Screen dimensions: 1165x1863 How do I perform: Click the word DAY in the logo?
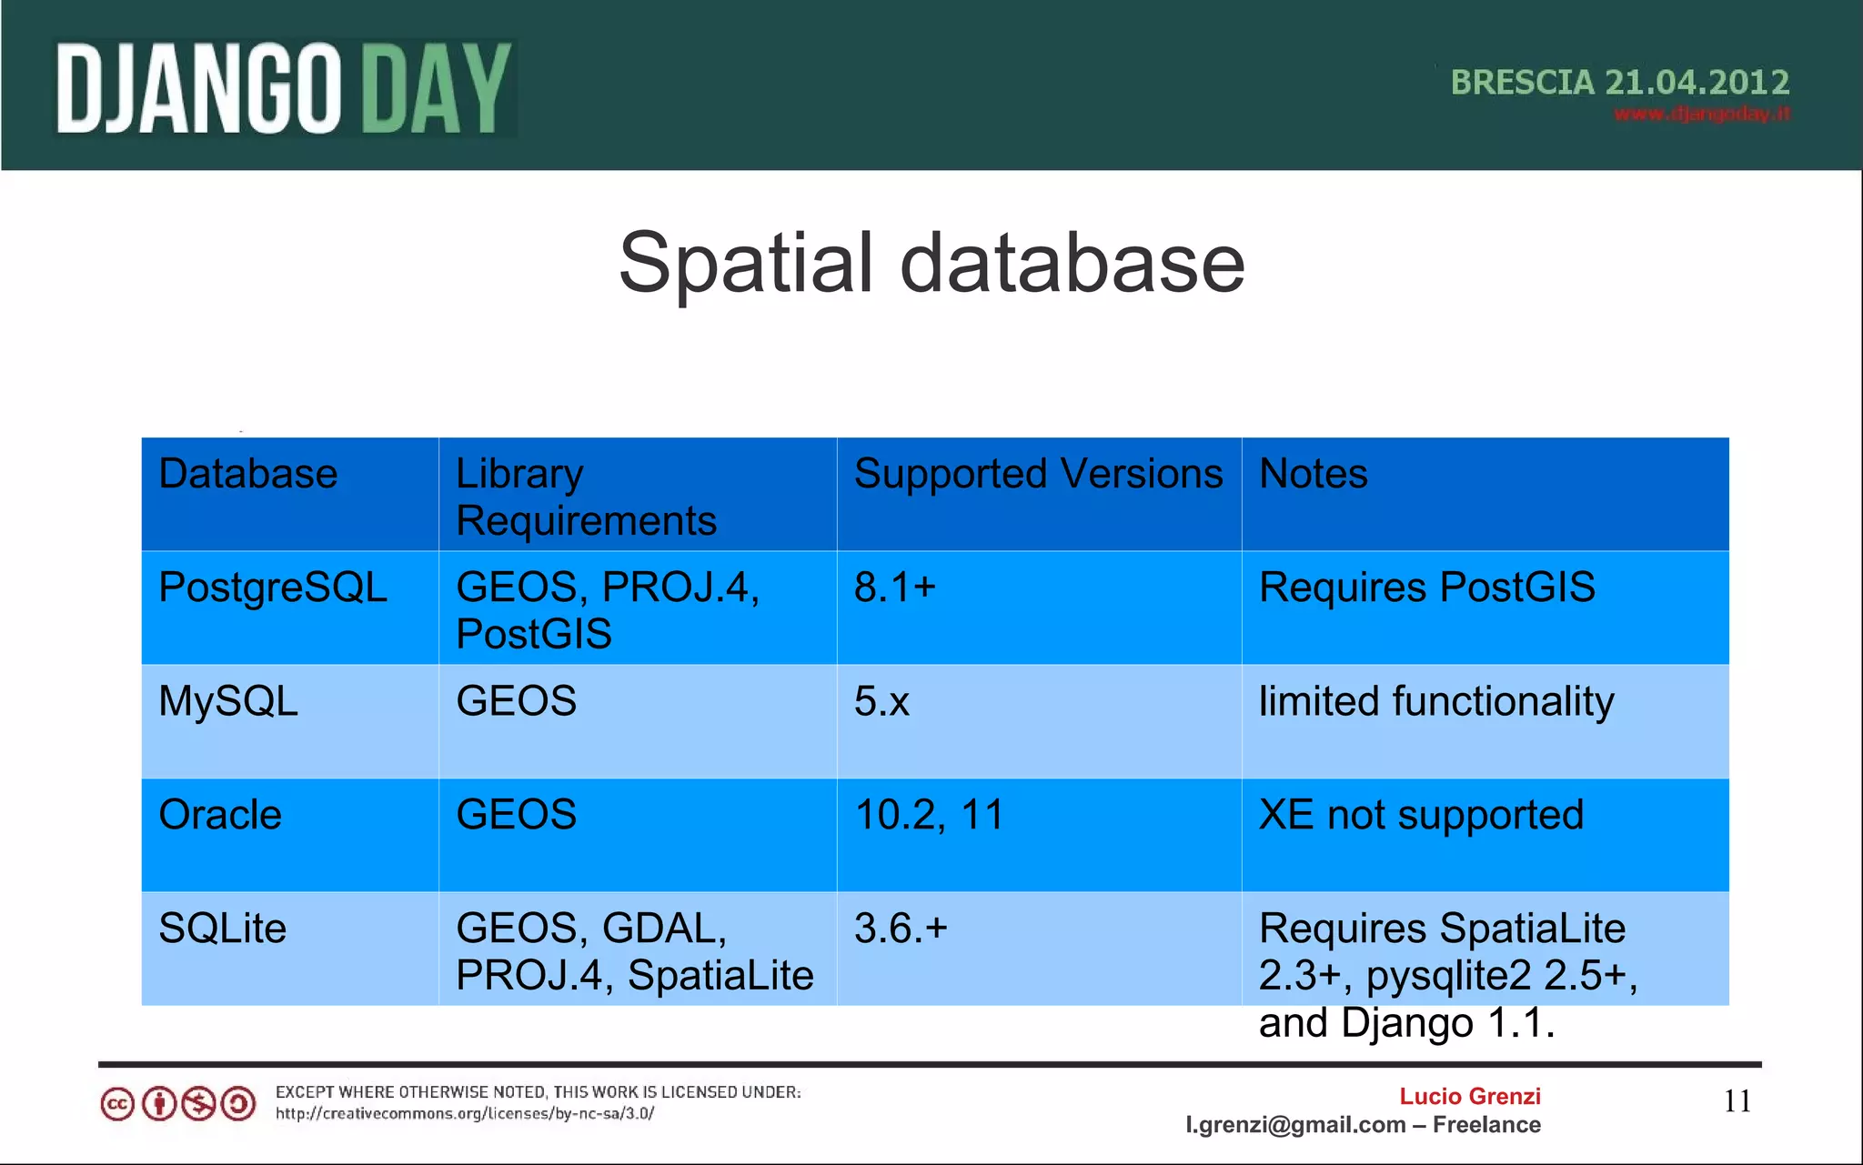pyautogui.click(x=436, y=90)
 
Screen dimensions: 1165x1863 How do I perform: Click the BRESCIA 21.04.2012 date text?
pyautogui.click(x=1619, y=83)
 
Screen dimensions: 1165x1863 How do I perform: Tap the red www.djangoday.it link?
pyautogui.click(x=1701, y=115)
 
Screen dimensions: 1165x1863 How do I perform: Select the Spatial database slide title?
pyautogui.click(x=931, y=263)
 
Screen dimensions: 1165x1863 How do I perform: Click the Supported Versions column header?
pyautogui.click(x=1038, y=475)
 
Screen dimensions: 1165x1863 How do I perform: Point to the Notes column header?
pyautogui.click(x=1313, y=475)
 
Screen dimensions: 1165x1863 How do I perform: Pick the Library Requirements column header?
pyautogui.click(x=586, y=497)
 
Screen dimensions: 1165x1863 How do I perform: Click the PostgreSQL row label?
pyautogui.click(x=273, y=588)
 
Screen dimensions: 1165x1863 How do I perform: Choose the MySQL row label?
pyautogui.click(x=228, y=701)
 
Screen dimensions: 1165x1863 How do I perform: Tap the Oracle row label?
pyautogui.click(x=220, y=815)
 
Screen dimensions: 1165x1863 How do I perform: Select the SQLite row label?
pyautogui.click(x=222, y=929)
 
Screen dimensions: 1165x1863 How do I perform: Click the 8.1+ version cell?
pyautogui.click(x=894, y=588)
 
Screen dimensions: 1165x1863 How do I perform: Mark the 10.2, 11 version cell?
pyautogui.click(x=929, y=815)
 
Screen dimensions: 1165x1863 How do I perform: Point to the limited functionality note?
pyautogui.click(x=1435, y=702)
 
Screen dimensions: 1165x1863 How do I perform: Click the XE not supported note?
pyautogui.click(x=1421, y=815)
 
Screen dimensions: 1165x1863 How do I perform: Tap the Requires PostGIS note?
pyautogui.click(x=1426, y=588)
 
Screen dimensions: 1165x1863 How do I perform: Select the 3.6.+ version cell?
pyautogui.click(x=901, y=929)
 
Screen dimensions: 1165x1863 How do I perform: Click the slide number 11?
pyautogui.click(x=1737, y=1101)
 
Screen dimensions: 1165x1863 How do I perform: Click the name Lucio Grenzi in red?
pyautogui.click(x=1469, y=1097)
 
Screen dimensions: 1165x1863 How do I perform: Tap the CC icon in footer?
pyautogui.click(x=117, y=1105)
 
